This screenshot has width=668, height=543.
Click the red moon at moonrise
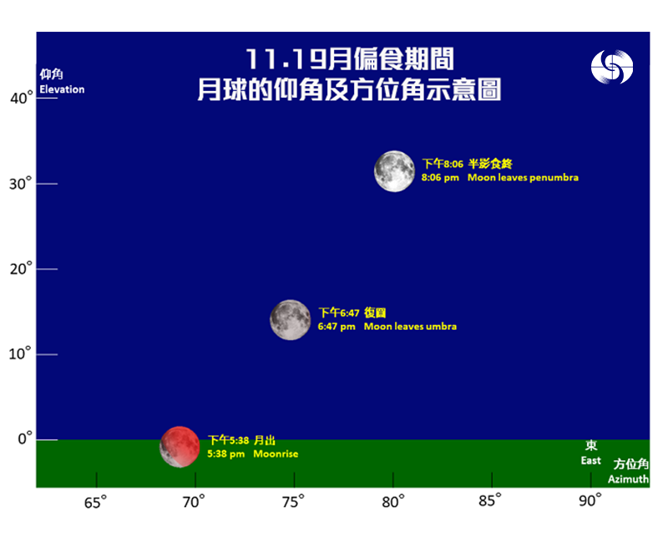tap(180, 447)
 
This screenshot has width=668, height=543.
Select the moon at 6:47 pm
tap(291, 320)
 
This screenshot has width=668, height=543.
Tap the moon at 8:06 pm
tap(394, 171)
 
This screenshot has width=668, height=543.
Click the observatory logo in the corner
tap(612, 67)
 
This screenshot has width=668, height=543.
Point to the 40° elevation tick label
tap(22, 98)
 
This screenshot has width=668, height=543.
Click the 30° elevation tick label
tap(21, 184)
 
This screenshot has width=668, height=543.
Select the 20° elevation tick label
tap(22, 269)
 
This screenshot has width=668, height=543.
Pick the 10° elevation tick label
tap(20, 353)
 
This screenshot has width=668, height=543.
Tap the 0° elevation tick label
tap(25, 439)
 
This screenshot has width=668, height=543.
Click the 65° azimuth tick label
tap(95, 502)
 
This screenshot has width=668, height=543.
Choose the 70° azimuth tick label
tap(194, 502)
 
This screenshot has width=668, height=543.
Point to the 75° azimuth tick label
tap(293, 502)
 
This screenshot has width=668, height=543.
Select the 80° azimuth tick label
tap(392, 502)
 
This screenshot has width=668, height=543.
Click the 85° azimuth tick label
tap(490, 500)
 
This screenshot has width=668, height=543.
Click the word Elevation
tap(62, 89)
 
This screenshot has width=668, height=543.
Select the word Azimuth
tap(629, 479)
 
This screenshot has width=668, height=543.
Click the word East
tap(591, 461)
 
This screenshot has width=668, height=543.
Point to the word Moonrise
tap(276, 454)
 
